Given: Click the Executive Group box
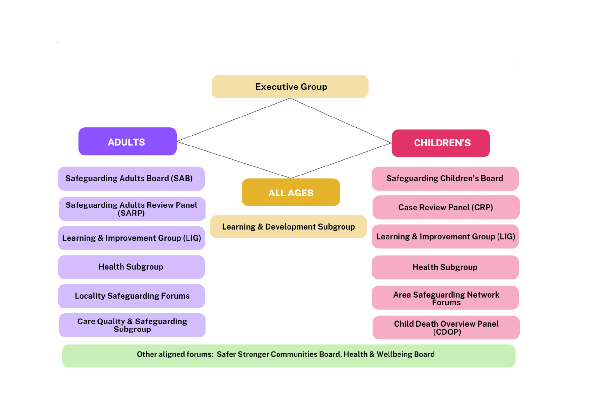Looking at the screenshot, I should coord(290,87).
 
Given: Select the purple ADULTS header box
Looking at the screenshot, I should coord(127,142).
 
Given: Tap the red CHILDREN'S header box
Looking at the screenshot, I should coord(441,143).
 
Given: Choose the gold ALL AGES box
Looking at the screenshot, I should coord(291,192).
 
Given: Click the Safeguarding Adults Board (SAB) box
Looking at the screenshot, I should coord(131,179).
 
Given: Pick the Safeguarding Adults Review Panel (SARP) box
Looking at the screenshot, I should coord(132,209).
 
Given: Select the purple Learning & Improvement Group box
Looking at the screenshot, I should coord(131,238).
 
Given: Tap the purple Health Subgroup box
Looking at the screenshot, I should coord(131,267).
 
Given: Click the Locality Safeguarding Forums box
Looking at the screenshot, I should coord(131,296).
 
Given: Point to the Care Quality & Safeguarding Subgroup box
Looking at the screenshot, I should coord(132,325).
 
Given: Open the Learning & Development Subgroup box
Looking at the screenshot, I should coord(288,227).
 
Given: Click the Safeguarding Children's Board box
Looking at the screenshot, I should coord(445,179).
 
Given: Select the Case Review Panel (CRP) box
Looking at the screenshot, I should coord(446,207).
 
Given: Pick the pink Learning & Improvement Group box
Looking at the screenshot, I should coord(445,236).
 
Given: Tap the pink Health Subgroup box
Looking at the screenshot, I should coord(445,267).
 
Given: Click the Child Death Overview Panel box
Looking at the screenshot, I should coord(446,327).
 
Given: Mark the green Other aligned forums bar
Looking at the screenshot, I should coord(288,356).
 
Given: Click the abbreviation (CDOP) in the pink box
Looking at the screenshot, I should coord(447,332).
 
